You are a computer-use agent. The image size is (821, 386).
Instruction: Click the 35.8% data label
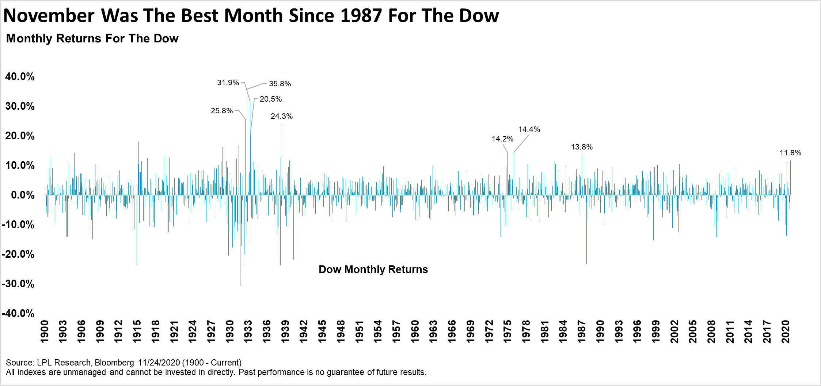tap(280, 84)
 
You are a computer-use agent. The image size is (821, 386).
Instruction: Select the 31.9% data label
tap(228, 83)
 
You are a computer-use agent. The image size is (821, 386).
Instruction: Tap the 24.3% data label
tap(282, 116)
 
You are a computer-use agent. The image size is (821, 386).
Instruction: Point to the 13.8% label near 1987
tap(582, 147)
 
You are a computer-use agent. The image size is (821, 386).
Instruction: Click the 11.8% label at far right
tap(790, 153)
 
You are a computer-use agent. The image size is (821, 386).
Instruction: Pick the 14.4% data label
tap(529, 129)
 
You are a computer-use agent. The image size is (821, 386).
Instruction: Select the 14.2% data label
tap(502, 139)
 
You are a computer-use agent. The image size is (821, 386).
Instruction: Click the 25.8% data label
tap(222, 111)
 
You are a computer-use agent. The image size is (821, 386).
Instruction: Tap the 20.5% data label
tap(271, 99)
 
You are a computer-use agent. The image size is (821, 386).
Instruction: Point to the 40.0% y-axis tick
tap(20, 77)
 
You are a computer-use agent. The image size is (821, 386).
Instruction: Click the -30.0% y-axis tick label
tap(18, 284)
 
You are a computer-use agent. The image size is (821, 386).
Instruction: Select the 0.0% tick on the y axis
tap(23, 195)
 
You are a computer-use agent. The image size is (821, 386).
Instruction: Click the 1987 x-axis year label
tap(582, 332)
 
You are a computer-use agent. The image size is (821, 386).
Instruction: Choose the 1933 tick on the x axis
tap(248, 332)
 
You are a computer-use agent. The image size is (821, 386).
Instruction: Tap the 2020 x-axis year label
tap(786, 332)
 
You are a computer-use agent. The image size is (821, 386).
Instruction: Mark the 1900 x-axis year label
tap(44, 332)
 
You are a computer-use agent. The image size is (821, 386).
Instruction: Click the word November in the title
tap(49, 16)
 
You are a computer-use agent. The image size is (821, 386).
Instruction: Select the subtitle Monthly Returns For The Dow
tap(92, 38)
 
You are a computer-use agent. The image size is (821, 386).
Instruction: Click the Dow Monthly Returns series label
tap(373, 269)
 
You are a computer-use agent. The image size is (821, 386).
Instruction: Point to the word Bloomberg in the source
tap(114, 363)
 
